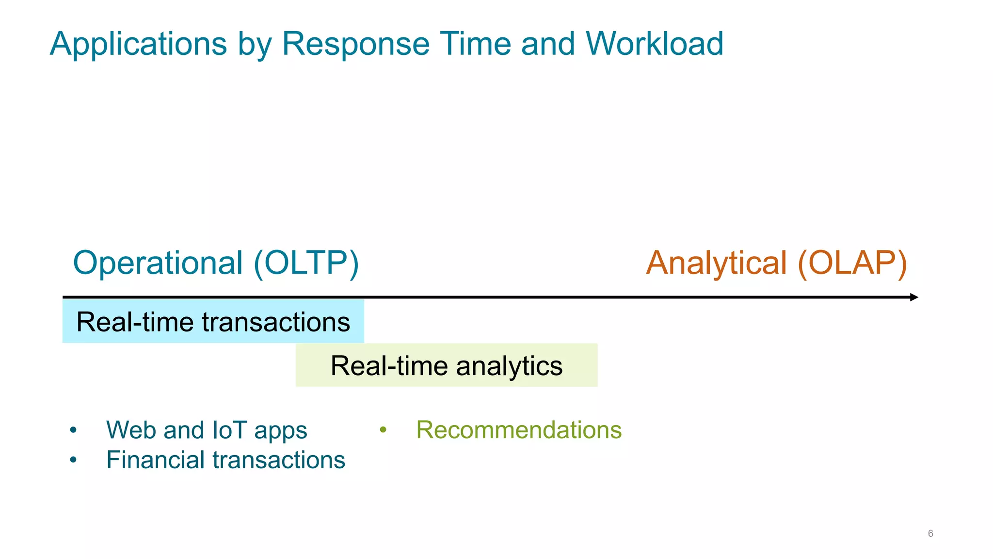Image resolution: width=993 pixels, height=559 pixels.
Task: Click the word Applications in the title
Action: click(138, 45)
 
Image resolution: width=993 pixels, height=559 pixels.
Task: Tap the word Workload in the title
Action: click(654, 44)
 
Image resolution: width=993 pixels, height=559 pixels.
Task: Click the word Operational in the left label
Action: click(158, 263)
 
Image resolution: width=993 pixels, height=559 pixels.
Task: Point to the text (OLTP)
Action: click(306, 263)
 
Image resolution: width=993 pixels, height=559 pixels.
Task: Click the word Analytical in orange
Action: click(716, 263)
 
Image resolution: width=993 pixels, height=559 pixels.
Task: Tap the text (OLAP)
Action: click(852, 263)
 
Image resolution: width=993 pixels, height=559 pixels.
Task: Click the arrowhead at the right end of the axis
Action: click(914, 297)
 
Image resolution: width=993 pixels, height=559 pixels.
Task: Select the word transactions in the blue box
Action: click(276, 322)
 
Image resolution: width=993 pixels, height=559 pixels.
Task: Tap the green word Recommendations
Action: click(518, 430)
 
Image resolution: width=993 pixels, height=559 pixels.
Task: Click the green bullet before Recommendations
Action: click(383, 430)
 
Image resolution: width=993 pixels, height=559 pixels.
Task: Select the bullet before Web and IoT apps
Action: click(73, 430)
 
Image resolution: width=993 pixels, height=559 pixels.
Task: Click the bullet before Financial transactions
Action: click(73, 460)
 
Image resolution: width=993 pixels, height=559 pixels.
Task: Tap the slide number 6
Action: click(930, 533)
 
